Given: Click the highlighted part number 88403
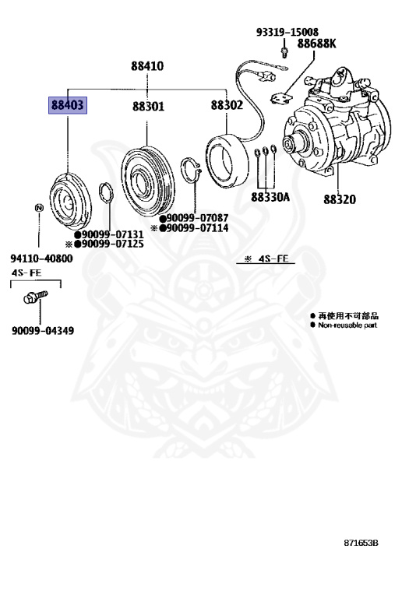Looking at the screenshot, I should point(68,106).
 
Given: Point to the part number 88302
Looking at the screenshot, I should point(226,106).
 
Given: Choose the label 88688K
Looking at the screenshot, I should point(316,44).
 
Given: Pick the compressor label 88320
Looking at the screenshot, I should point(340,199).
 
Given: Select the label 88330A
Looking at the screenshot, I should point(270,197).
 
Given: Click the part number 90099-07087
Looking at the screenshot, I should point(196,218).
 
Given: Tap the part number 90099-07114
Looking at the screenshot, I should point(196,228).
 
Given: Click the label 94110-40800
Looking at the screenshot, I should point(42,259).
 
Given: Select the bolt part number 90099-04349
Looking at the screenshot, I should point(43,331).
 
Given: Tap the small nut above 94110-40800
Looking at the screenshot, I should point(38,207).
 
